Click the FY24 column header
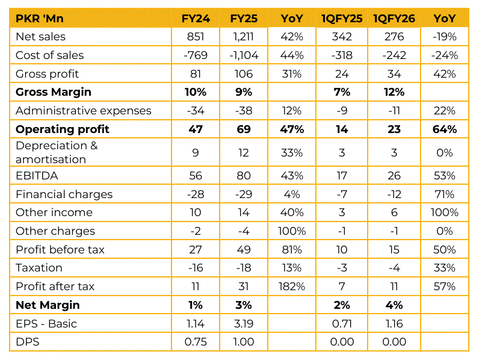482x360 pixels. coord(197,19)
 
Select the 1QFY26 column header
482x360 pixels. coord(394,19)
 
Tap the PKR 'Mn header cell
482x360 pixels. coord(40,19)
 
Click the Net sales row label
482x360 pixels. coord(41,37)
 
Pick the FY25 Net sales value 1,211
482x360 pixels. coord(244,37)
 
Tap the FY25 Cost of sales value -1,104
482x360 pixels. coord(244,55)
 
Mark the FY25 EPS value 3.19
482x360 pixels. coord(244,324)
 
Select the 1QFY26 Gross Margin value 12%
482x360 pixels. coord(394,92)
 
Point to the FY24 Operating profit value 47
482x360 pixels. coord(197,129)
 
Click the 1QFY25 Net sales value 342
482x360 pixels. coord(342,37)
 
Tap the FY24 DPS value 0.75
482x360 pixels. coord(197,342)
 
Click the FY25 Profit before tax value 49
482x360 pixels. coord(244,250)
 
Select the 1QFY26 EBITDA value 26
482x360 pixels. coord(394,176)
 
